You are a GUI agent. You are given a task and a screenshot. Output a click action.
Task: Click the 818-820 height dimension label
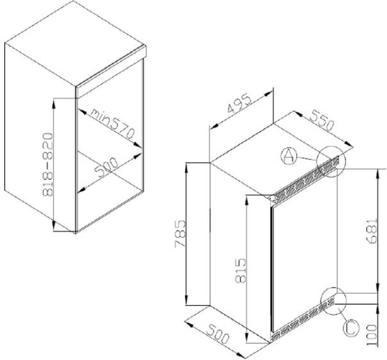coord(48,165)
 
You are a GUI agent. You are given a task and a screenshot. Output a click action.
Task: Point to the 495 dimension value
coord(239,104)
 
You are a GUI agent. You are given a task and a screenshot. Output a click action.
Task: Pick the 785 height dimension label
coord(180,233)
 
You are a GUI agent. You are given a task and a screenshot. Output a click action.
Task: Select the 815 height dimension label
coord(241,270)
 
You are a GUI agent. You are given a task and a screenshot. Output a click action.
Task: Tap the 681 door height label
coord(372,231)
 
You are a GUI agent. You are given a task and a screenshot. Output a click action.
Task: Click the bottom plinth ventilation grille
coord(303,319)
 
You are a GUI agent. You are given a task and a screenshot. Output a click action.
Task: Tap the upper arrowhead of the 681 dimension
coord(378,174)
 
